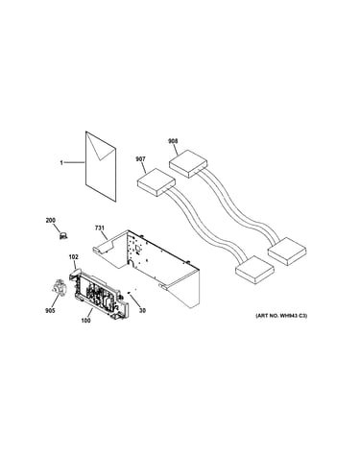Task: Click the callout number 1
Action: click(x=61, y=163)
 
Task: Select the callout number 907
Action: click(x=140, y=159)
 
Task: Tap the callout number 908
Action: click(x=173, y=141)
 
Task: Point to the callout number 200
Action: click(x=51, y=220)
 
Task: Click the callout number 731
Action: click(x=100, y=228)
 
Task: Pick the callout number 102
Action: click(x=73, y=257)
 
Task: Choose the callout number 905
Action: click(x=50, y=311)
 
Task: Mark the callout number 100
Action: click(x=85, y=321)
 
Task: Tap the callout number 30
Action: click(x=142, y=310)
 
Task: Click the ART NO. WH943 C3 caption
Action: click(x=281, y=316)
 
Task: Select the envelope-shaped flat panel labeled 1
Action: click(x=101, y=166)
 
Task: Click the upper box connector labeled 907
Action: click(x=156, y=182)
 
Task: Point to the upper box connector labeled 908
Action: click(x=188, y=164)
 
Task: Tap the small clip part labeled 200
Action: click(x=63, y=236)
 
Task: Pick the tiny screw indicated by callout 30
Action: click(x=129, y=292)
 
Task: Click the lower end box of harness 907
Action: click(x=254, y=270)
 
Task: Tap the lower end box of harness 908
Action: click(x=287, y=252)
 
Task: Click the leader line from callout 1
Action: click(x=75, y=163)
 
